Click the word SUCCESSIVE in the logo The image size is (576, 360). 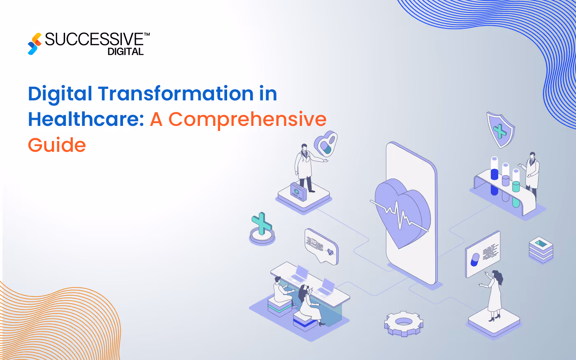[94, 39]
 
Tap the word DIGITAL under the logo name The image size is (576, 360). [125, 52]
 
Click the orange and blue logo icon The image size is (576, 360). [35, 44]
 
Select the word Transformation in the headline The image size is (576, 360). [176, 94]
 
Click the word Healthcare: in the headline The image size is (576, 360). [86, 119]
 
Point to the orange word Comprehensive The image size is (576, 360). [247, 119]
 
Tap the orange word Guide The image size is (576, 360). [57, 145]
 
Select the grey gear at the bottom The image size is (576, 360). [404, 323]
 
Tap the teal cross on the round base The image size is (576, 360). [262, 225]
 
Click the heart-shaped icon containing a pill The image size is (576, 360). [326, 144]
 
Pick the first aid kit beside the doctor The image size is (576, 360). [298, 192]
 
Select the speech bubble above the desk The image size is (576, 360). [321, 246]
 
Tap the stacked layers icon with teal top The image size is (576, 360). [541, 249]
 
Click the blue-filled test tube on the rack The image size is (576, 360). [494, 176]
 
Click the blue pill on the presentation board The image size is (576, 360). [475, 260]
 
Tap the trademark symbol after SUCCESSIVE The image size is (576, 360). [147, 35]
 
